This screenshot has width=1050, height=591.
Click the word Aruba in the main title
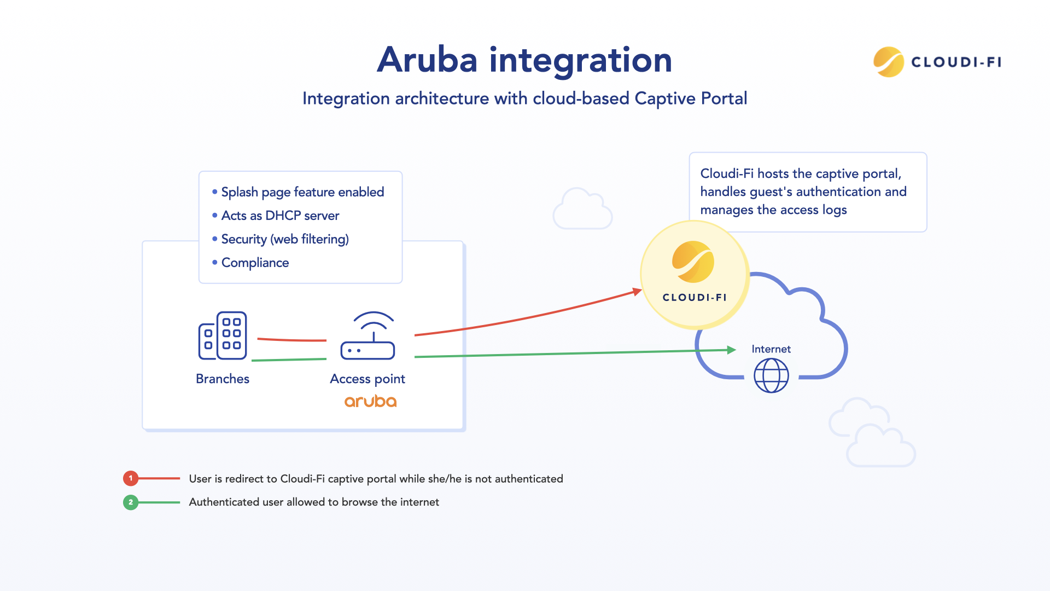[x=427, y=60]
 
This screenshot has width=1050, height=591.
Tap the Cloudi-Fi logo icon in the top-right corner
[x=888, y=62]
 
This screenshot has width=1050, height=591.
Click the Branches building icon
[x=223, y=335]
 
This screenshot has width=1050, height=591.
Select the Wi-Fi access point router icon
[x=367, y=336]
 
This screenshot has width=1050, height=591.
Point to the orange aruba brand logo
[x=370, y=401]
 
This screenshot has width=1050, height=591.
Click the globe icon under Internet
[x=771, y=375]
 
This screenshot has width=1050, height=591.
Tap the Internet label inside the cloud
[x=771, y=349]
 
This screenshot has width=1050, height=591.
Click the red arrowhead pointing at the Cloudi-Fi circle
[x=637, y=292]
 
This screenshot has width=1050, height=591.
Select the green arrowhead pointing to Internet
[x=731, y=350]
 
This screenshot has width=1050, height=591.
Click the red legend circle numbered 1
[x=131, y=478]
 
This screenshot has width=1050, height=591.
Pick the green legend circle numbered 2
[x=131, y=502]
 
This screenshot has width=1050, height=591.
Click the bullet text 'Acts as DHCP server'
[x=280, y=216]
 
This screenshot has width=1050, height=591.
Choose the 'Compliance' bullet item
[x=255, y=263]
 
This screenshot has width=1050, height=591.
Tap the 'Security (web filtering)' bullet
[x=285, y=239]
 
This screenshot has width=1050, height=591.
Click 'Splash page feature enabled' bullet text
[x=302, y=192]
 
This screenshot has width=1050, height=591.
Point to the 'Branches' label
[x=223, y=379]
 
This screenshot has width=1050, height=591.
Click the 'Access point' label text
[x=367, y=379]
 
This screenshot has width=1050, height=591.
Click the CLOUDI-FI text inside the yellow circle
[x=695, y=298]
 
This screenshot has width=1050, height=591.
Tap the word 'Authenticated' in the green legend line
[x=224, y=502]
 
